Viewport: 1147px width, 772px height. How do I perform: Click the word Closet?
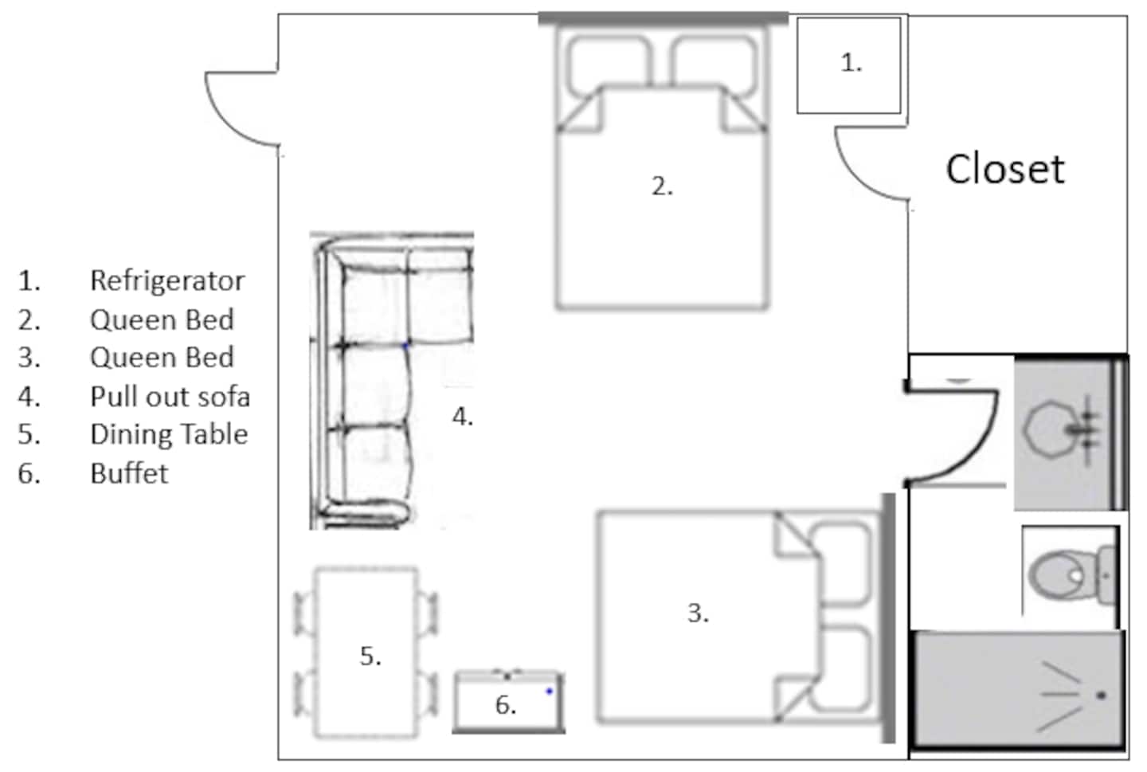tap(1005, 169)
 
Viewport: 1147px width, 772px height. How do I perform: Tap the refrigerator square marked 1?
tap(848, 65)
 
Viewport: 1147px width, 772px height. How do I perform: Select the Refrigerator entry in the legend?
tap(167, 281)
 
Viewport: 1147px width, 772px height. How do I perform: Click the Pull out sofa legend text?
tap(170, 397)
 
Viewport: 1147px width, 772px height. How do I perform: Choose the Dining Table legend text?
tap(169, 434)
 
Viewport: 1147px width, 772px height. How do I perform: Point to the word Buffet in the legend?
tap(129, 473)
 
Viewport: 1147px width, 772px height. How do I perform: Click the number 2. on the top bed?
tap(662, 186)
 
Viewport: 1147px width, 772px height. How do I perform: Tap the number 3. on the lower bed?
tap(698, 613)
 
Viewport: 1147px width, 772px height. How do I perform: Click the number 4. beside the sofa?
tap(462, 417)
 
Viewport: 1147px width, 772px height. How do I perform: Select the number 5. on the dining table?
tap(370, 656)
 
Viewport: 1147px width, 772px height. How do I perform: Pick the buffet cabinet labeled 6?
tap(508, 701)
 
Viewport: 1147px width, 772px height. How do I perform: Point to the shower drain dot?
tap(1102, 696)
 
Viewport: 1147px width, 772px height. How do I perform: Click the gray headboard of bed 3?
tap(888, 617)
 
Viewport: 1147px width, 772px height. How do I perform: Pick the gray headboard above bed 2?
tap(663, 18)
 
